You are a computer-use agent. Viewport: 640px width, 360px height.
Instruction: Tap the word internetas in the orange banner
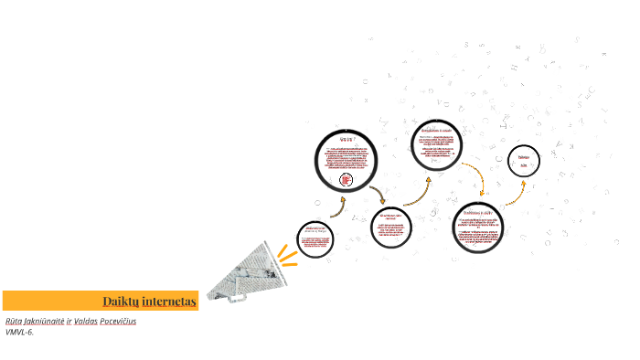tap(168, 301)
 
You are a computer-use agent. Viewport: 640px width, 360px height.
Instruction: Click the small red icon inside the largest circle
tap(346, 180)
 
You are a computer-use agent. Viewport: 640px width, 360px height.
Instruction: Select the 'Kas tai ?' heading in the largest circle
tap(346, 139)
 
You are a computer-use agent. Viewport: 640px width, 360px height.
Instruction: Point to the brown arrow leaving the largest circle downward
tap(377, 195)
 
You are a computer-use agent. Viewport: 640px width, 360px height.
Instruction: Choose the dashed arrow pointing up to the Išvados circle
tap(516, 191)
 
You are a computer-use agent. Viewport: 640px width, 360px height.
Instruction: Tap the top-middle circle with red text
tap(435, 144)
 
